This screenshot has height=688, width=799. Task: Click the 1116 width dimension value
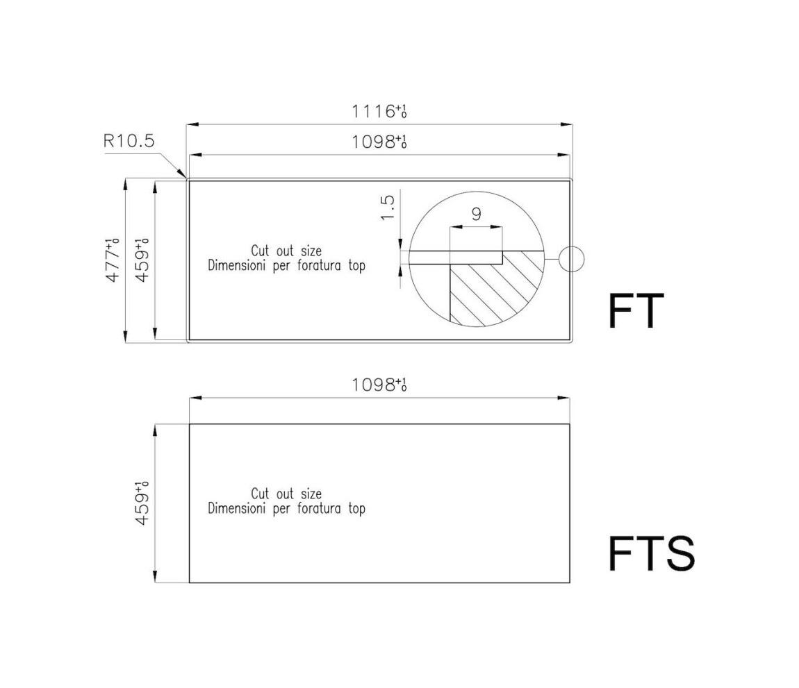pos(379,111)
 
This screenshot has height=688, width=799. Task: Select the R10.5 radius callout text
pos(129,140)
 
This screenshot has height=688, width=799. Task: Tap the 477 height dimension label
pos(112,260)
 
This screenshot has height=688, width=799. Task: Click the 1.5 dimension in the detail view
pos(388,208)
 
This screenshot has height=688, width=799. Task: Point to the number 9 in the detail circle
pos(477,214)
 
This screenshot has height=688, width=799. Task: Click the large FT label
pos(636,311)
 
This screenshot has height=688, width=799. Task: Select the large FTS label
pos(652,553)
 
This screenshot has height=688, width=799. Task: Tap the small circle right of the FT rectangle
pos(571,259)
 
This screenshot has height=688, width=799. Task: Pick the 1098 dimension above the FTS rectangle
pos(379,385)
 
